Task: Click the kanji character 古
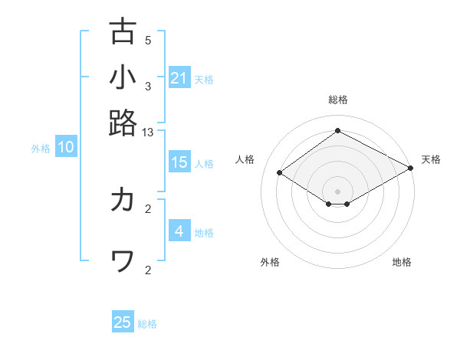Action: tap(123, 31)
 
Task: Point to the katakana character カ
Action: tap(123, 200)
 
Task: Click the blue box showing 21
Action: tap(179, 78)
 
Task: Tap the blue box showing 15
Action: tap(179, 162)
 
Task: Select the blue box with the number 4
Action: tap(179, 231)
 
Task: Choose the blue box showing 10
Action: tap(66, 148)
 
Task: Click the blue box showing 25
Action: tap(123, 322)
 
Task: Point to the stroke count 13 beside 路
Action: tap(148, 133)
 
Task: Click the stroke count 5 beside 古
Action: tap(148, 41)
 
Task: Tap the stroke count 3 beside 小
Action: tap(148, 87)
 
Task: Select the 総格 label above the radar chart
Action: tap(338, 100)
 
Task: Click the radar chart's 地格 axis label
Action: tap(402, 263)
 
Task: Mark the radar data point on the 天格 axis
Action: tap(410, 168)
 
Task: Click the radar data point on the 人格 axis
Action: tap(280, 172)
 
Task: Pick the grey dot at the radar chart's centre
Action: tap(338, 191)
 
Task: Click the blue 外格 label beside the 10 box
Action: tap(41, 149)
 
